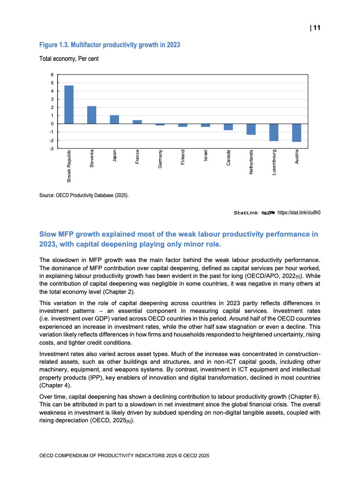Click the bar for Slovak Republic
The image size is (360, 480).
[69, 104]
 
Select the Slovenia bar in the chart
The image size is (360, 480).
[92, 115]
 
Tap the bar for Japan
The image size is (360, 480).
[114, 119]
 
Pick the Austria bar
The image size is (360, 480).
[296, 133]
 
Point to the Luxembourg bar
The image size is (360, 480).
[274, 132]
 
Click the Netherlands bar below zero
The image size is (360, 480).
[251, 129]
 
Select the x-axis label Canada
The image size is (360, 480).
[228, 158]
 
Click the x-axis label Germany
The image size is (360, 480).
[160, 159]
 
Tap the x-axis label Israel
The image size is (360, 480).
[206, 156]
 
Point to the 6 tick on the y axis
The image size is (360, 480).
[52, 75]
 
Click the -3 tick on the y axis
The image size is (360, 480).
[51, 148]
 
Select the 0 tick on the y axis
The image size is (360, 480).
[52, 124]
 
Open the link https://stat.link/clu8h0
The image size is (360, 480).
[299, 212]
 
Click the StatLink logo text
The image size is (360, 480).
[246, 212]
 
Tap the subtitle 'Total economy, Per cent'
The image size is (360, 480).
[69, 59]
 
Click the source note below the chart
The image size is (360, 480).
[84, 195]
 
